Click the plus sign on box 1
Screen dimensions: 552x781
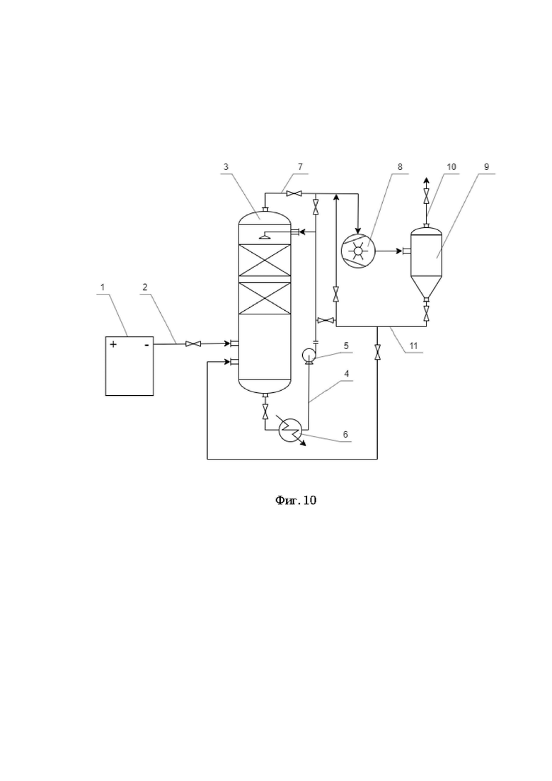pos(113,343)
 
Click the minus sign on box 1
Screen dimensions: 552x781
pos(146,344)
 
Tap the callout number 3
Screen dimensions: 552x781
pos(226,167)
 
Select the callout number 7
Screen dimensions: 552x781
pos(300,167)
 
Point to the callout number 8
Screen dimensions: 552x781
pos(400,167)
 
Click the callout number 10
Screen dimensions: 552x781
pos(452,167)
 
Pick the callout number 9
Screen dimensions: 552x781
pos(487,167)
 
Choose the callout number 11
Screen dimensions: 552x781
pos(413,346)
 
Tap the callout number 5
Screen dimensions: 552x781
pos(346,345)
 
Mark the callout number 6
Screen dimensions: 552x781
pos(345,434)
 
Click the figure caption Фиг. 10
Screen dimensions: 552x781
pos(296,500)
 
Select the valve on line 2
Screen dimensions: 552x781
pos(192,343)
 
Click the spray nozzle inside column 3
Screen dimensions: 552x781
pos(265,236)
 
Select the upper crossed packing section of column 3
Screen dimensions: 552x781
pos(265,260)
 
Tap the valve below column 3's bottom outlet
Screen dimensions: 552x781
pos(265,411)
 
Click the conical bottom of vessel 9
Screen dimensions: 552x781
pos(426,286)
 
